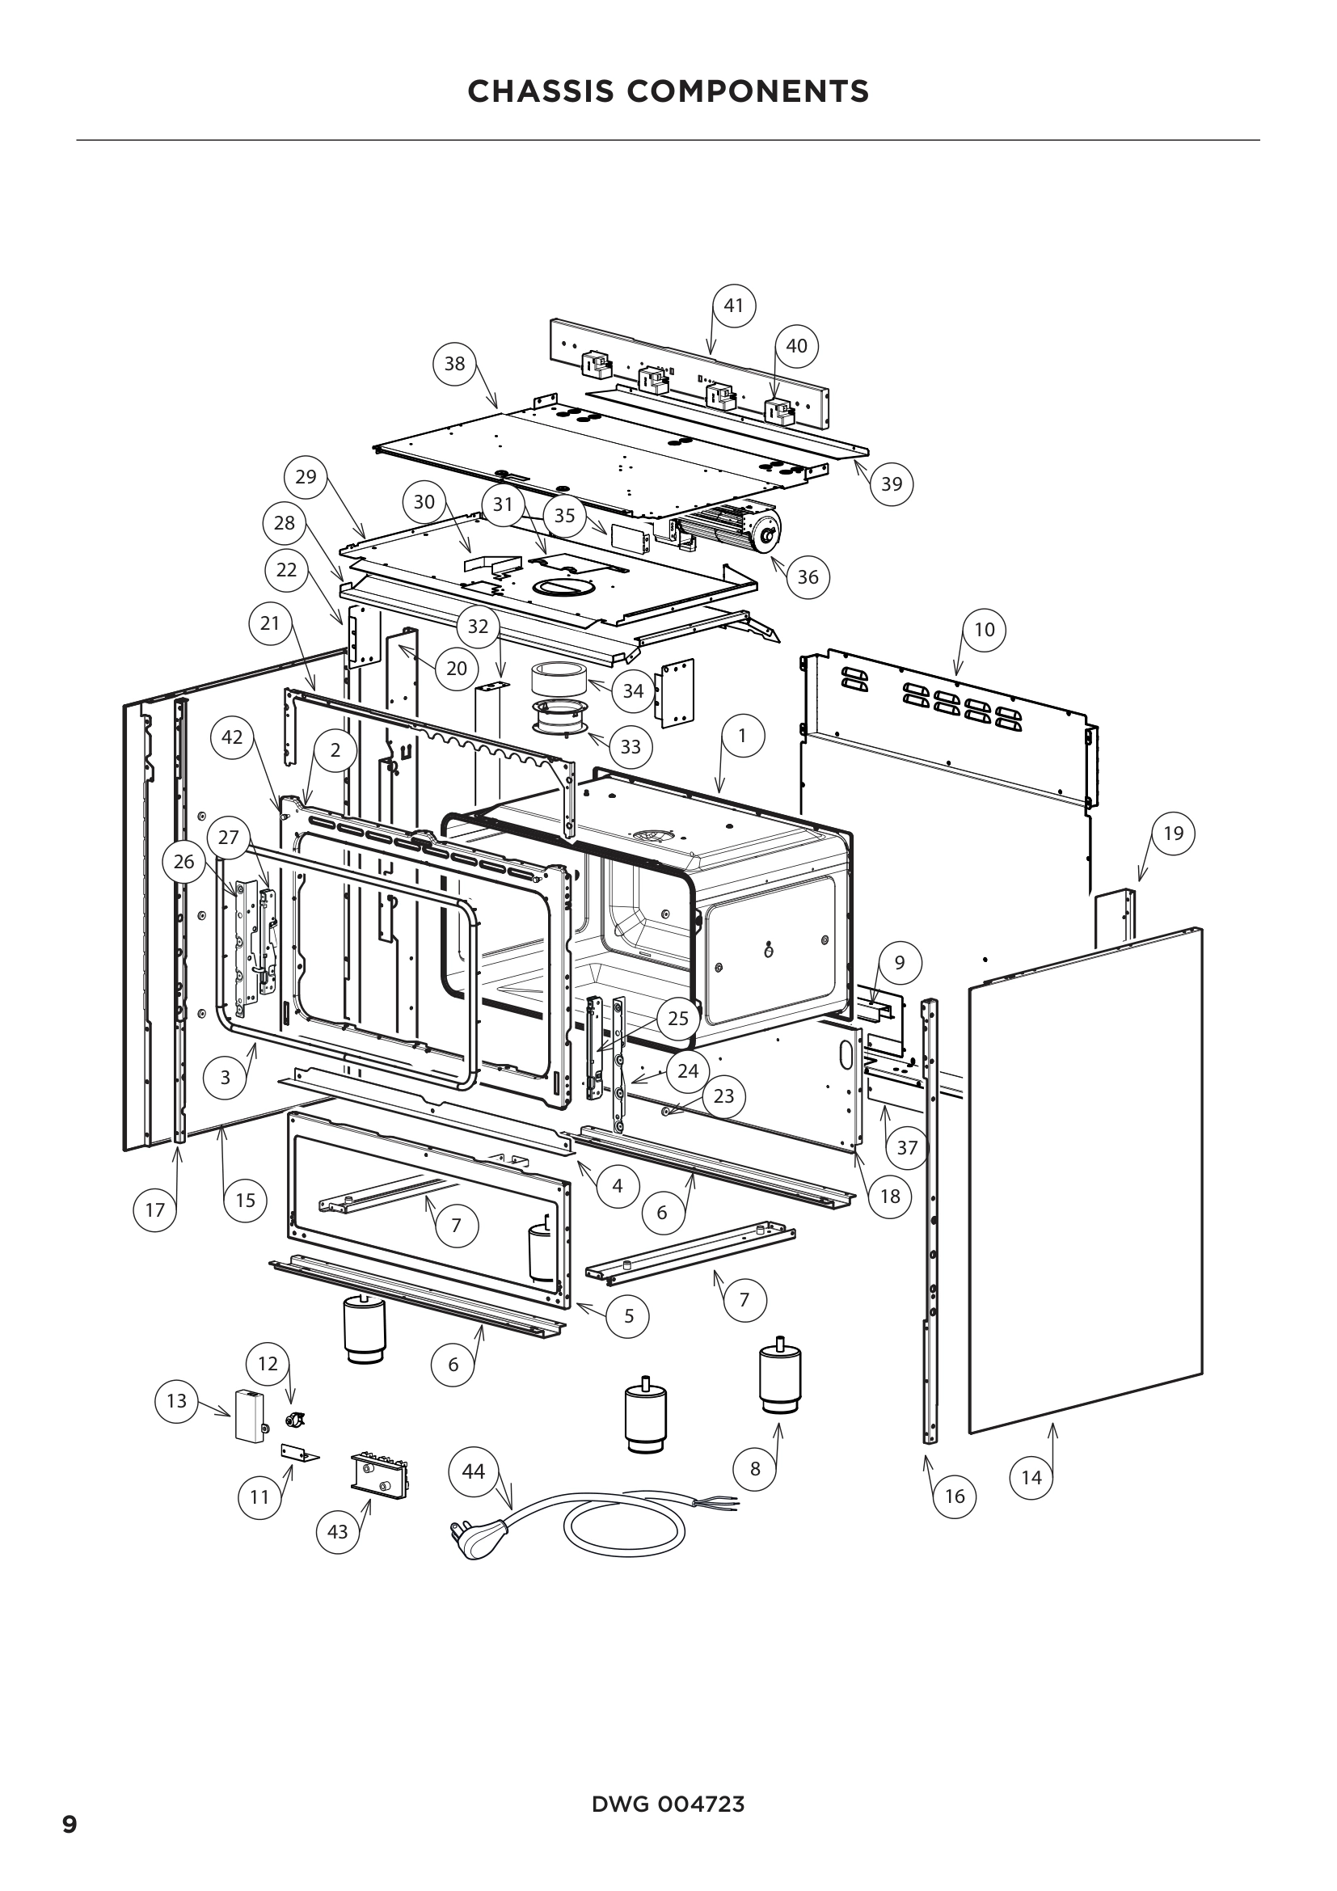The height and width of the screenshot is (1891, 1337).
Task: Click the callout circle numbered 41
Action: click(733, 306)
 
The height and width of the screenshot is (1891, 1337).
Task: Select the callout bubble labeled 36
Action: click(808, 577)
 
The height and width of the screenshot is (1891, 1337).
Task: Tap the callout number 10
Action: click(984, 630)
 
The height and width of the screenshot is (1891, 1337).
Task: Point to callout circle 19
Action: click(1173, 833)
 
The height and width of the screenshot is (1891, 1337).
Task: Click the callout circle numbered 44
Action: click(474, 1471)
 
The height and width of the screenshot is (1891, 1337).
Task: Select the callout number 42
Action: click(232, 737)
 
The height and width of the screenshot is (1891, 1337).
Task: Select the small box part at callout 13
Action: click(249, 1415)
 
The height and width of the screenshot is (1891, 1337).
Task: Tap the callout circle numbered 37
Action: click(906, 1147)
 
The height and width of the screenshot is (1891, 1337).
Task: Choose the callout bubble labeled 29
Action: click(306, 477)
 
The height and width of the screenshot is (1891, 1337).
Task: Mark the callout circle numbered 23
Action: click(723, 1096)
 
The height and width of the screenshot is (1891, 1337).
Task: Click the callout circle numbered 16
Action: click(954, 1496)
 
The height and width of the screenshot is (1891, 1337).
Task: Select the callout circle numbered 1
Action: click(742, 736)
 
